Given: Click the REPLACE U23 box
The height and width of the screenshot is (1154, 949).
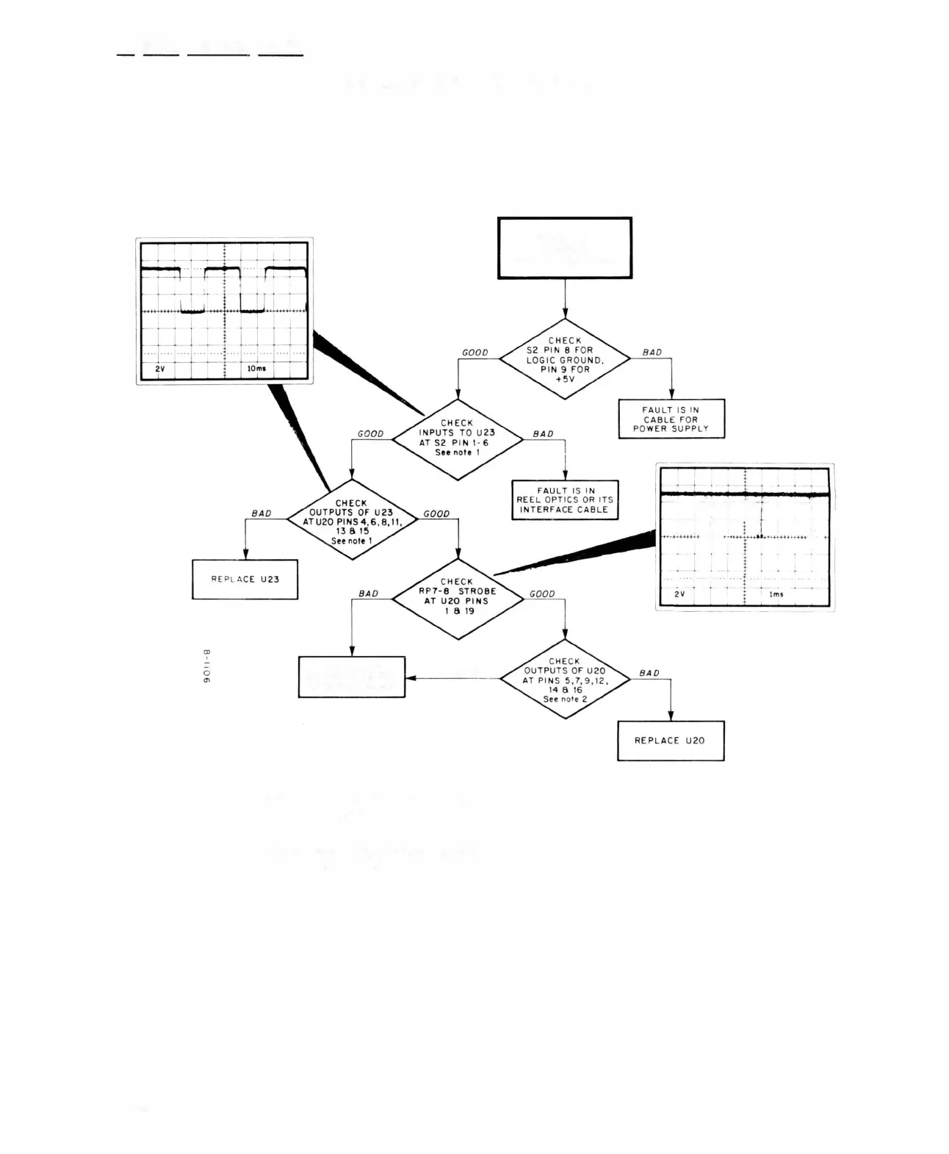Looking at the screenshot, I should coord(245,580).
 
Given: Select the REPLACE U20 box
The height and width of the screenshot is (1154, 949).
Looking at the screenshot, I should coord(670,740).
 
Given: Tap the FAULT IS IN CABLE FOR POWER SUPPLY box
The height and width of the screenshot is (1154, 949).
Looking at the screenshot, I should coord(671,419).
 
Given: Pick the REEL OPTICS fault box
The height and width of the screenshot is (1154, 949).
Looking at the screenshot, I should coord(564,500).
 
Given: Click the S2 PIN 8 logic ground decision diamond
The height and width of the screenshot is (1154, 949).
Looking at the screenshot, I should coord(564,359).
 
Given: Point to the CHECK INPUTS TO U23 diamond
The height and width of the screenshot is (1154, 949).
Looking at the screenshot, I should coord(458,439).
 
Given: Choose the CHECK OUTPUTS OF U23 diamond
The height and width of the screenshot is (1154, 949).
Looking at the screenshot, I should coord(352,520).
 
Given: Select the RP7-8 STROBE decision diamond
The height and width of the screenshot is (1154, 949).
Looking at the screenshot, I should coord(458,599).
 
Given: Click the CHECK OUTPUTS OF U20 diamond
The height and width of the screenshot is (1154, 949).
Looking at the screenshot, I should coord(564,679).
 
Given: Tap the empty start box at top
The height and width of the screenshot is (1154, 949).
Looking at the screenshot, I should coord(564,248).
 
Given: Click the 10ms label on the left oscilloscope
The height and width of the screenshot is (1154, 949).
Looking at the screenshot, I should coord(256,368).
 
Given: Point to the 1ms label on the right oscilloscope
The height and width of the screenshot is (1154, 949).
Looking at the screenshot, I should coord(776,594).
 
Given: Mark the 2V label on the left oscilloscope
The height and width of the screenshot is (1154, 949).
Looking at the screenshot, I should coord(159,368).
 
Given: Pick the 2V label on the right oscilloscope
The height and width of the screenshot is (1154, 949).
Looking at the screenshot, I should coord(679,594).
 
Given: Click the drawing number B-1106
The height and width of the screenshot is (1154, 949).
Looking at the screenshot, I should coord(206,667).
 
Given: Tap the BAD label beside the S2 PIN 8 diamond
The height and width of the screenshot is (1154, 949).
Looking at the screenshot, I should coord(652,353).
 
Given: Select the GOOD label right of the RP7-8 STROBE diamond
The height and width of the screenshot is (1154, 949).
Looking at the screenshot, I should coord(542,594).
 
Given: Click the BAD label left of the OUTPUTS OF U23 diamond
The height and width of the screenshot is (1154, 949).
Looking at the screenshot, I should coord(261,513).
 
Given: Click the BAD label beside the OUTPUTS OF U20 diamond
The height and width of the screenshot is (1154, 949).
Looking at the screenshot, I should coord(649,673).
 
